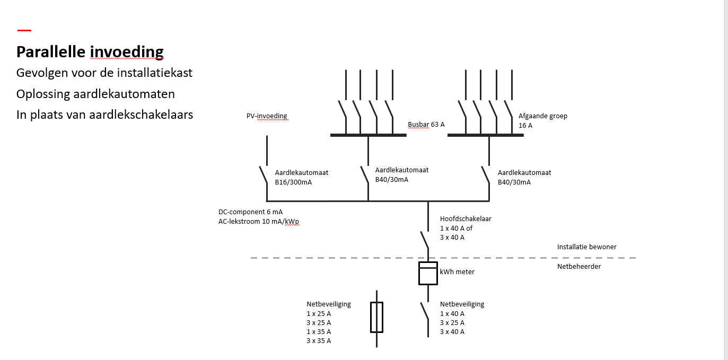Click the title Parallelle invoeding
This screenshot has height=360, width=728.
click(90, 52)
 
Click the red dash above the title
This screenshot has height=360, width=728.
click(24, 31)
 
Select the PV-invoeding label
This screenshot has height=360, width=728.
click(267, 116)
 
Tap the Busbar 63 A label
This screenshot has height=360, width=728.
click(426, 125)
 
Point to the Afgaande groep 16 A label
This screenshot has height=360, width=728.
click(542, 120)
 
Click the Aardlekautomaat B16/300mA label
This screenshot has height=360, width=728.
click(301, 177)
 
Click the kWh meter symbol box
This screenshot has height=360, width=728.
click(428, 273)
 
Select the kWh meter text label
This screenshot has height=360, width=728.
click(457, 271)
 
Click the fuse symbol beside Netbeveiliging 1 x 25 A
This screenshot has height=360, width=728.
click(376, 317)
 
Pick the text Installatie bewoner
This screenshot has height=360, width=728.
click(586, 247)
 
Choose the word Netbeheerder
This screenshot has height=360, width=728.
click(579, 266)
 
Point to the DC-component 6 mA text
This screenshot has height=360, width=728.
click(250, 212)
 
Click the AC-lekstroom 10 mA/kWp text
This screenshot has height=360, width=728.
click(259, 222)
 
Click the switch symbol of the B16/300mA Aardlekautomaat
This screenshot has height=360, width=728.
click(264, 175)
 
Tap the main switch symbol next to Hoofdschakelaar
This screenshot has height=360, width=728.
click(425, 240)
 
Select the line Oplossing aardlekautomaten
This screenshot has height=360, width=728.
click(95, 94)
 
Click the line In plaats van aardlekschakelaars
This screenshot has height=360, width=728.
click(104, 114)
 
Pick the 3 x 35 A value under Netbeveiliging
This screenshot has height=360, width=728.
click(319, 341)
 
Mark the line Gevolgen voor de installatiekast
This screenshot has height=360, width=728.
click(104, 73)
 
